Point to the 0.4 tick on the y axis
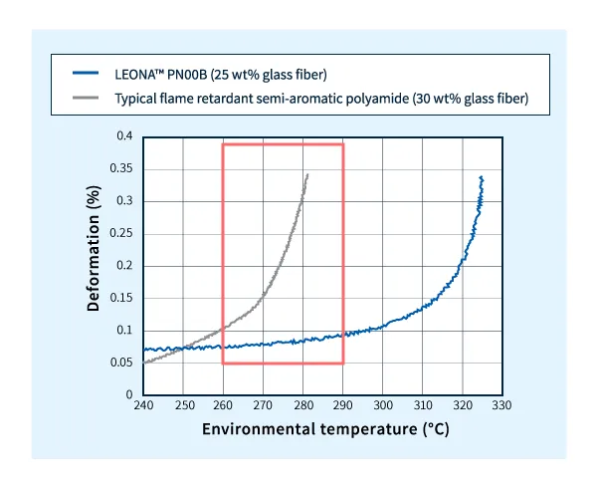pyautogui.click(x=124, y=136)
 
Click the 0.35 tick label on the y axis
pyautogui.click(x=121, y=168)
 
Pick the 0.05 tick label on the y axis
pyautogui.click(x=121, y=363)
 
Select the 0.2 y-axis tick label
pyautogui.click(x=124, y=266)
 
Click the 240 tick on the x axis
pyautogui.click(x=143, y=405)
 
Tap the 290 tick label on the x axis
pyautogui.click(x=343, y=405)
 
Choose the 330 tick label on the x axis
pyautogui.click(x=502, y=405)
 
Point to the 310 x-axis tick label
pyautogui.click(x=423, y=405)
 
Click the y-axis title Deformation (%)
pyautogui.click(x=94, y=265)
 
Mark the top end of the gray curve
pyautogui.click(x=307, y=174)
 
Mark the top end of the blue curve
pyautogui.click(x=482, y=177)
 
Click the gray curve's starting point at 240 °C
pyautogui.click(x=144, y=363)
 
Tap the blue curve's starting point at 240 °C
pyautogui.click(x=144, y=350)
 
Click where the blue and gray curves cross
pyautogui.click(x=186, y=347)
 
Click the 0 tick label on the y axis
pyautogui.click(x=129, y=395)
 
